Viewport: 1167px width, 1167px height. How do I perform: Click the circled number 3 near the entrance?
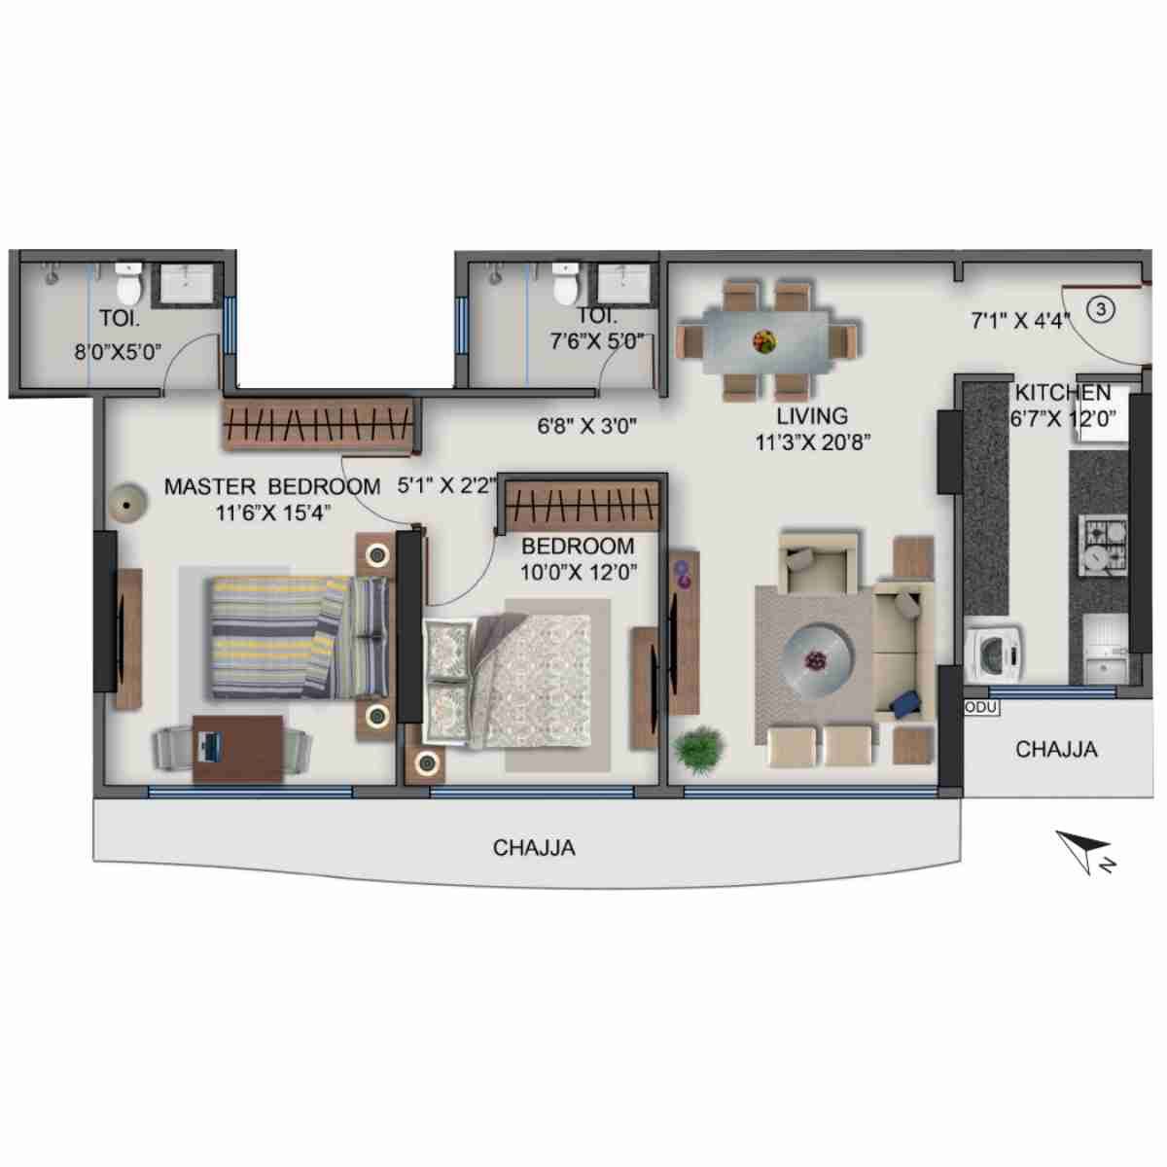pos(1101,310)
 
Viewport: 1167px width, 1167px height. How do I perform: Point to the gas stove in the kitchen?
pos(1103,544)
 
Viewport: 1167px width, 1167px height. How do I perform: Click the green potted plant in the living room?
pos(699,749)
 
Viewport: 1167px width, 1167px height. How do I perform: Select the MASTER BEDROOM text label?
pos(271,486)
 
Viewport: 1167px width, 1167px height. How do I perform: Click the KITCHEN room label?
pos(1062,393)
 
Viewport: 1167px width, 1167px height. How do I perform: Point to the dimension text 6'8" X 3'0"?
pos(586,426)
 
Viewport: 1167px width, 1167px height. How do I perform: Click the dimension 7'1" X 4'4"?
pos(1019,320)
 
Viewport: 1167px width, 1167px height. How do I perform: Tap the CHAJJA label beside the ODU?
pos(1056,749)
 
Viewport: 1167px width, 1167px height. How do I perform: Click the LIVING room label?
pos(812,416)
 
